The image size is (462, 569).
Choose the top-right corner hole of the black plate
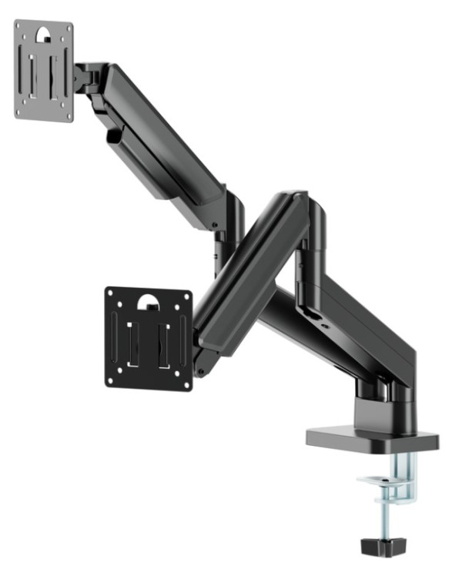pyautogui.click(x=186, y=295)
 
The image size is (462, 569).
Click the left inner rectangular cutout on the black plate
pyautogui.click(x=132, y=339)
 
